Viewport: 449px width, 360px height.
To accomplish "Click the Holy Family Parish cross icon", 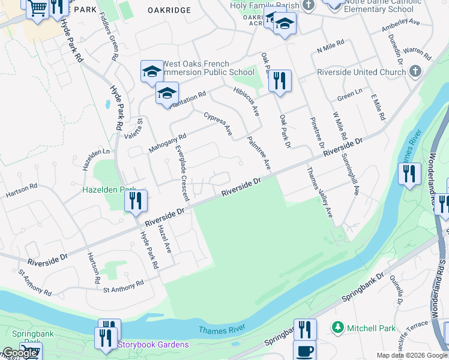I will point(309,5).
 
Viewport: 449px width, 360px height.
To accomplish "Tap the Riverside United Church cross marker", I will point(415,72).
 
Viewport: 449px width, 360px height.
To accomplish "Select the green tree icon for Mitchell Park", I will point(339,328).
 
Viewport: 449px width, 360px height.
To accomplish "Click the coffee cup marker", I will point(304,350).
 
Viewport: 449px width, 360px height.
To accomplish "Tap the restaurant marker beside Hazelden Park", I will point(136,200).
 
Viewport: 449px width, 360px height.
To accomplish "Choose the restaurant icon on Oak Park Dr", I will point(280,80).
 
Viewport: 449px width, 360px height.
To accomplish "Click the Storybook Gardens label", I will point(153,344).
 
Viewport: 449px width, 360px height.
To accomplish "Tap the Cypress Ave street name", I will point(218,124).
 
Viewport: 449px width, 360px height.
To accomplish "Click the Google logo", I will point(20,353).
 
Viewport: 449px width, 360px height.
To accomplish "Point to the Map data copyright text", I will point(412,355).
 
